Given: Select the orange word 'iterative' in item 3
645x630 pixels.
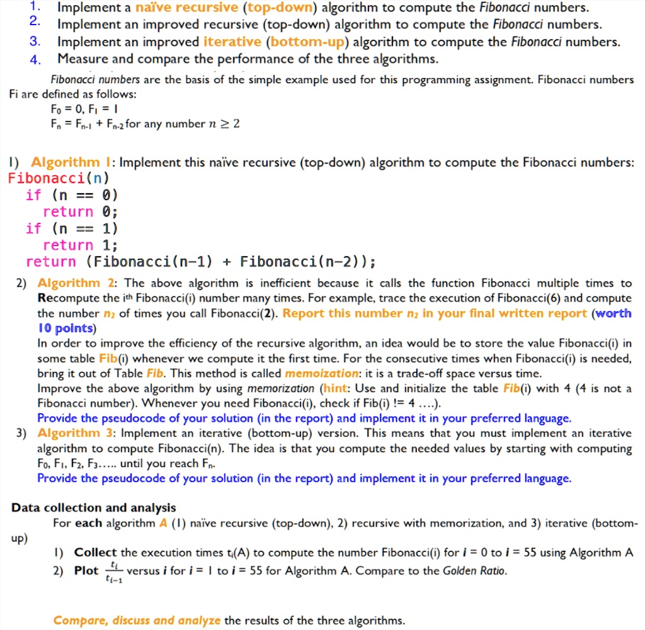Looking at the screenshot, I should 232,42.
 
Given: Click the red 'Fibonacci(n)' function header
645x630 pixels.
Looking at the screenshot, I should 50,177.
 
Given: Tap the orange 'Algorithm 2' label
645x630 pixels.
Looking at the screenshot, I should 75,283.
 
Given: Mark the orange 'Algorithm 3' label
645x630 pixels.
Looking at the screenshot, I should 75,434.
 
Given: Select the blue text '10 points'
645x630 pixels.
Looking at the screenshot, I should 66,329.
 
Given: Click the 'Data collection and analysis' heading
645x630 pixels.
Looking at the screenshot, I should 94,508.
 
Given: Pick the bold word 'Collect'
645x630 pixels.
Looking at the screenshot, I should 96,553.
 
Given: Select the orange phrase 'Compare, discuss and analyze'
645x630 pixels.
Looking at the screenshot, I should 137,621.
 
